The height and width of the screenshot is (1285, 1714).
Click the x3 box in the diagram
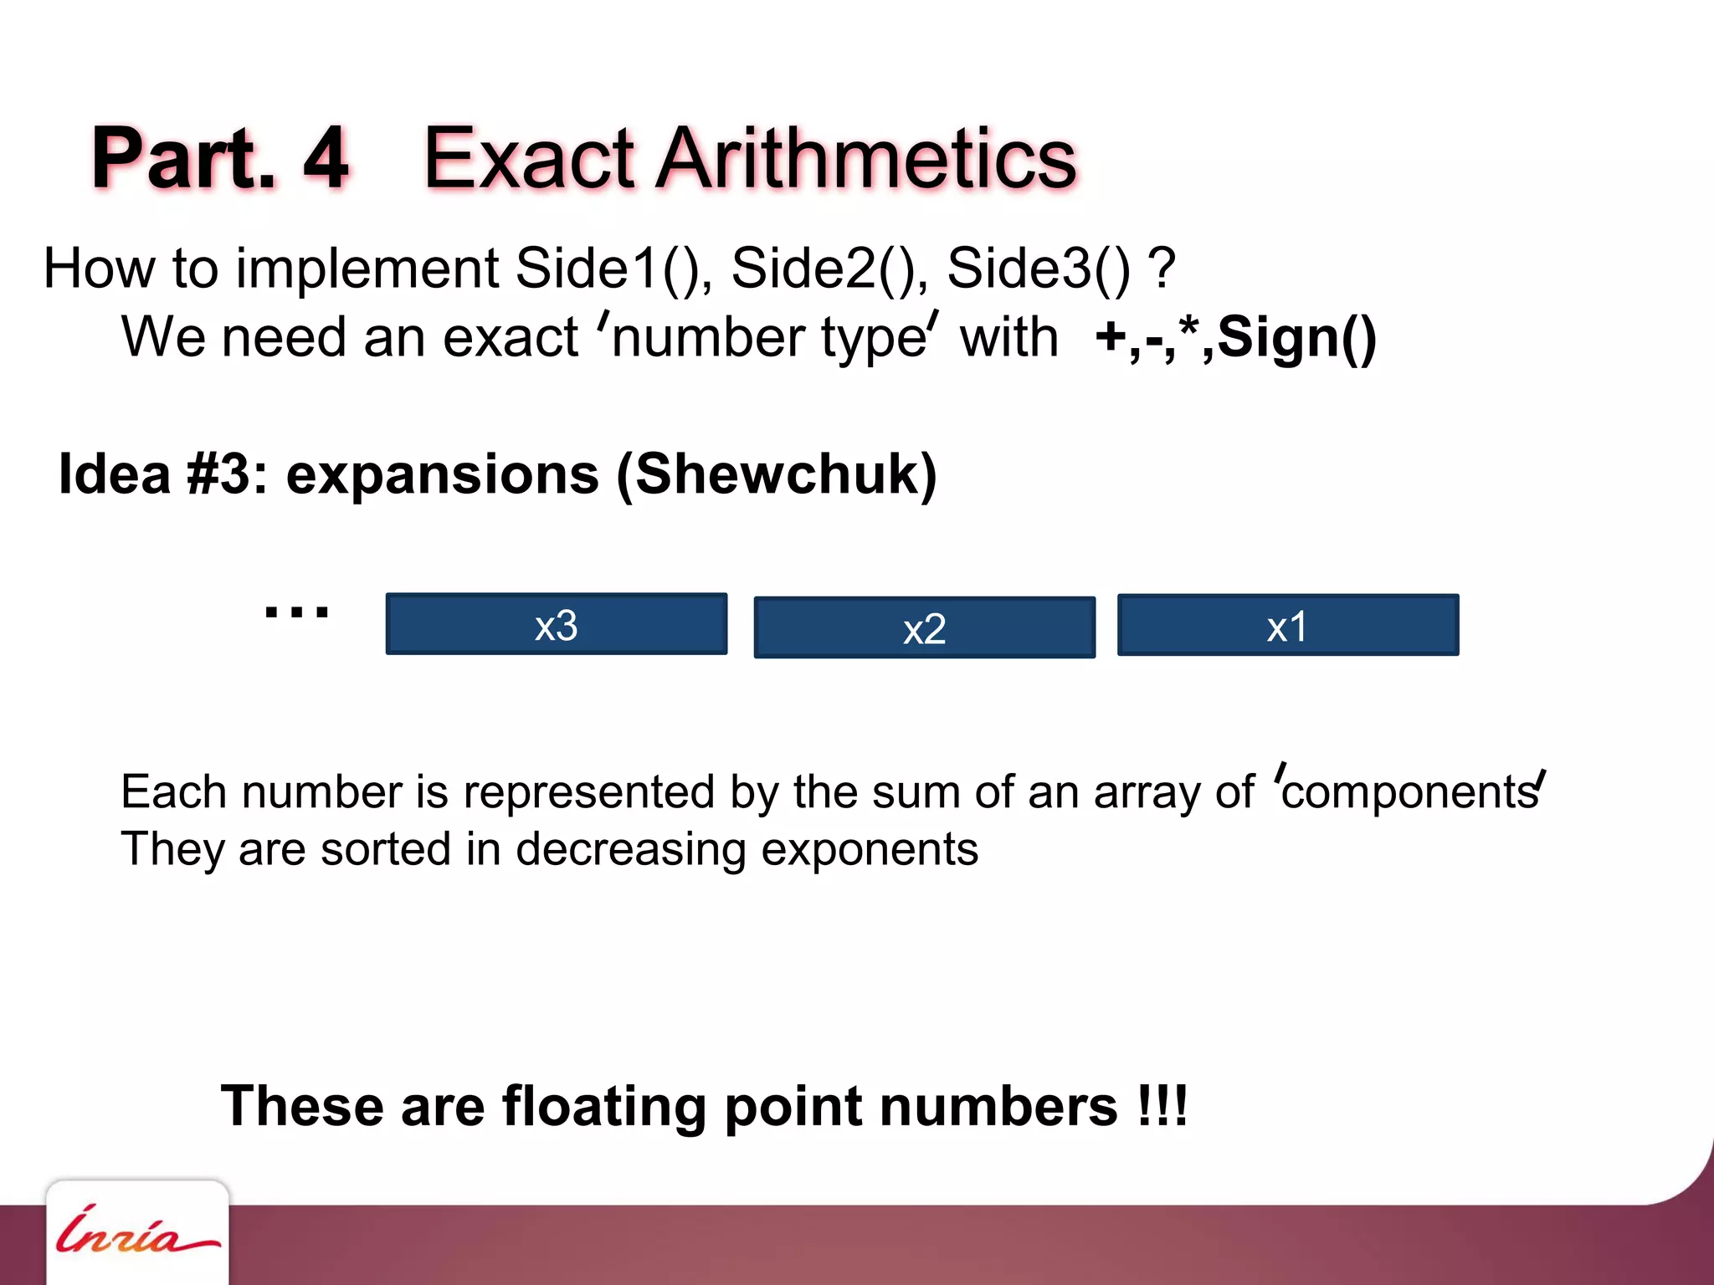tap(557, 624)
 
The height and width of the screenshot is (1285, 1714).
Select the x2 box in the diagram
tap(924, 627)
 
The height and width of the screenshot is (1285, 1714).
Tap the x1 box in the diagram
tap(1288, 625)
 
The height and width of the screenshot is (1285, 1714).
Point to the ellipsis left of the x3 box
tap(296, 612)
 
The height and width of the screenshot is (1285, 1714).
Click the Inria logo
tap(136, 1232)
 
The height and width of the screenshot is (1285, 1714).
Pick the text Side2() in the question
tap(825, 269)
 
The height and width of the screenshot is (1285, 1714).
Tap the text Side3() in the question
tap(1039, 269)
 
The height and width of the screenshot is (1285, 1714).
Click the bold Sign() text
tap(1296, 338)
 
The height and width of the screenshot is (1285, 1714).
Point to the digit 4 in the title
tap(326, 157)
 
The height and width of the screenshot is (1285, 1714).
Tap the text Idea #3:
tap(164, 474)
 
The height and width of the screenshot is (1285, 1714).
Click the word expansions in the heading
tap(443, 474)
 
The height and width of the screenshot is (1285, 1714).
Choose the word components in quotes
tap(1409, 792)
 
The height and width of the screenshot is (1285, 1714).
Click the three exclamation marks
tap(1162, 1106)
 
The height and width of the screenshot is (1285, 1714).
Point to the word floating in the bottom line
tap(604, 1106)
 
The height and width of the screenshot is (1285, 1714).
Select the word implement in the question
tap(368, 269)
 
